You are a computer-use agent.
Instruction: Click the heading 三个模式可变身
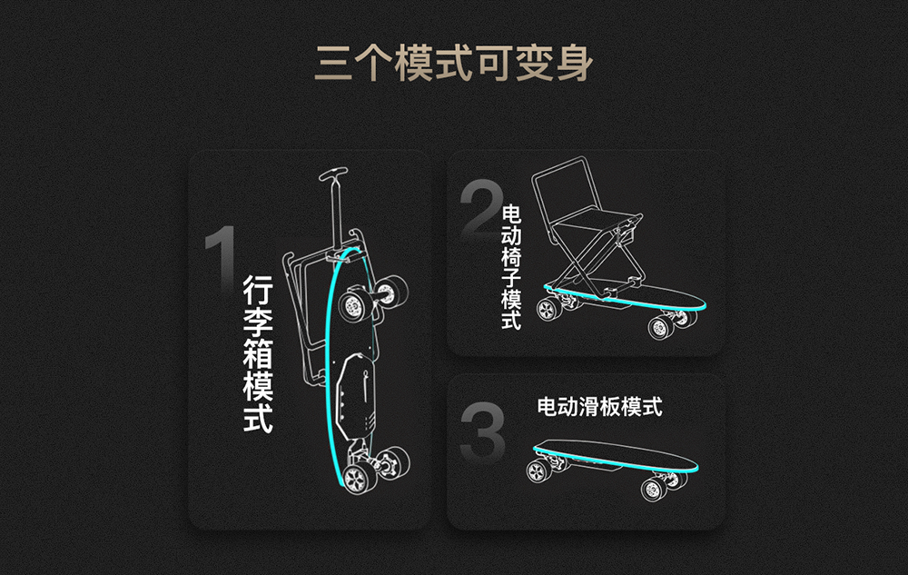click(x=453, y=63)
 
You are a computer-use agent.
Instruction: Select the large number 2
click(x=480, y=209)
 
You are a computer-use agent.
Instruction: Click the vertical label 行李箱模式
click(x=258, y=353)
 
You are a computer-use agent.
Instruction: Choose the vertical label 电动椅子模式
click(x=511, y=267)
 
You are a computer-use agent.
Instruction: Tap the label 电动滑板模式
click(x=599, y=406)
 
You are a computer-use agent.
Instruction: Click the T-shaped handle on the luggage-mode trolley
click(x=334, y=173)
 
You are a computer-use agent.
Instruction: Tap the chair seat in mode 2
click(x=597, y=221)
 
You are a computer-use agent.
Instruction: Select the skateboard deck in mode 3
click(x=616, y=454)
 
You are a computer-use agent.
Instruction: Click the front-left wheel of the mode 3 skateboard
click(x=538, y=471)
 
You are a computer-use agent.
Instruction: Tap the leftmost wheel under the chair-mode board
click(x=547, y=310)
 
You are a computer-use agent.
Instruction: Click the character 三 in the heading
click(x=333, y=63)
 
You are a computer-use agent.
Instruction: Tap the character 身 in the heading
click(x=575, y=63)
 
